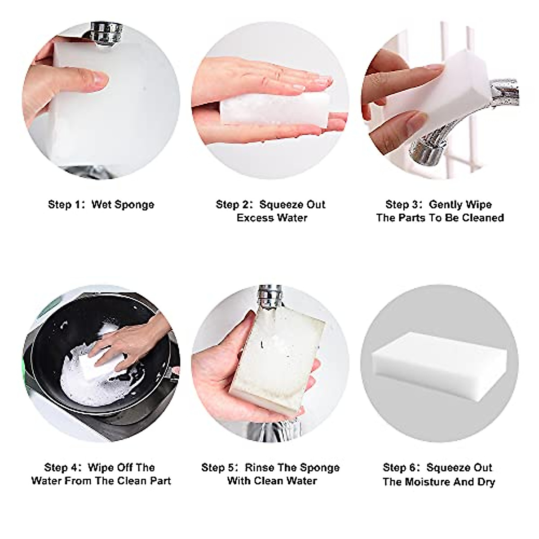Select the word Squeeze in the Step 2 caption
(x=276, y=205)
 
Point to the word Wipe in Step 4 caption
(x=101, y=468)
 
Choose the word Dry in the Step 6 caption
(x=486, y=482)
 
